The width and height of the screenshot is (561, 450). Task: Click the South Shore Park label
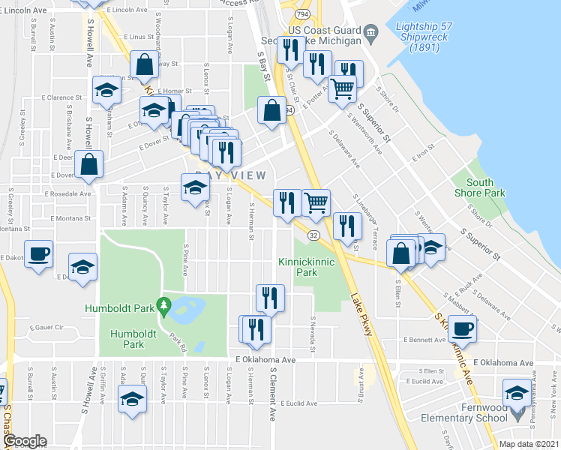coord(484,187)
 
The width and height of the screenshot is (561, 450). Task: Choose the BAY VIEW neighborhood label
coord(230,175)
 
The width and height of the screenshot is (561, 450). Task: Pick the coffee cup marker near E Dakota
coord(37,252)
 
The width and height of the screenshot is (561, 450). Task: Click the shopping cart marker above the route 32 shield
coord(316,202)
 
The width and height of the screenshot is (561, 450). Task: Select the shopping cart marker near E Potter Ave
coord(343,88)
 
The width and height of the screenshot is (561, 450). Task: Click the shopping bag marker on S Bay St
coord(271,110)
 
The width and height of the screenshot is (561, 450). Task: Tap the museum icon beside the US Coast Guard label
coord(370,34)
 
